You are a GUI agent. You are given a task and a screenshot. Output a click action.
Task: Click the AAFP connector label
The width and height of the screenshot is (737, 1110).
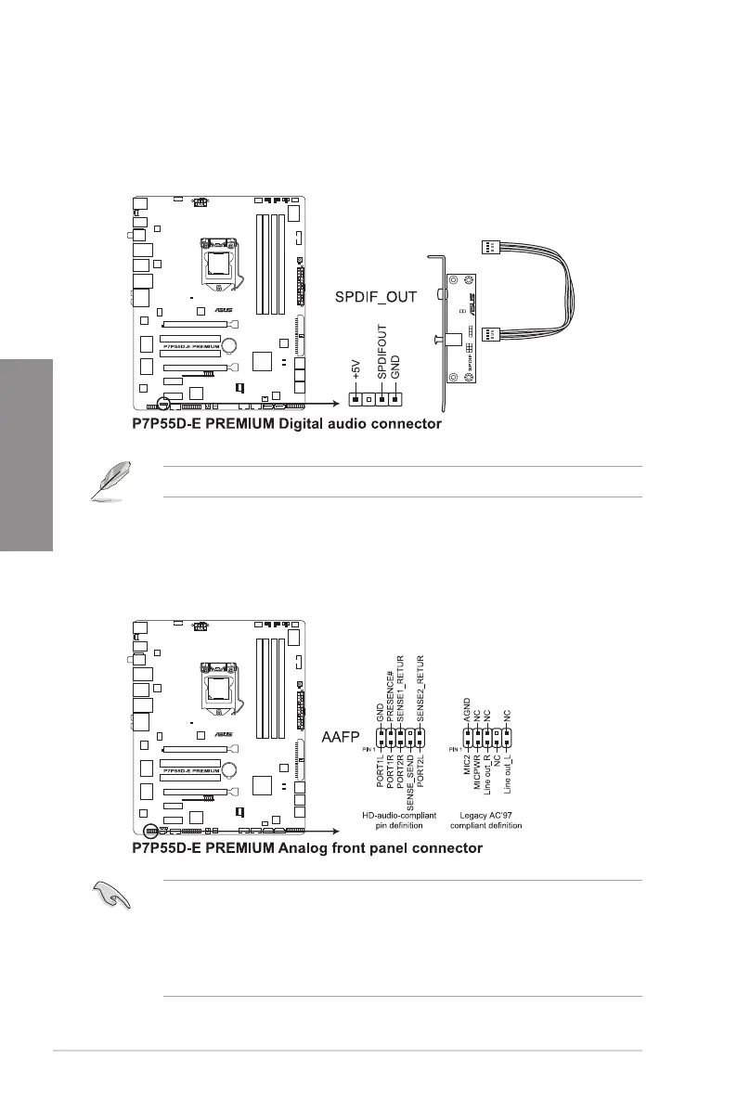340,737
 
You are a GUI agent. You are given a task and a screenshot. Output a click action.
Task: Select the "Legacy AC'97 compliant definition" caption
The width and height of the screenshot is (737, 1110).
488,820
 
